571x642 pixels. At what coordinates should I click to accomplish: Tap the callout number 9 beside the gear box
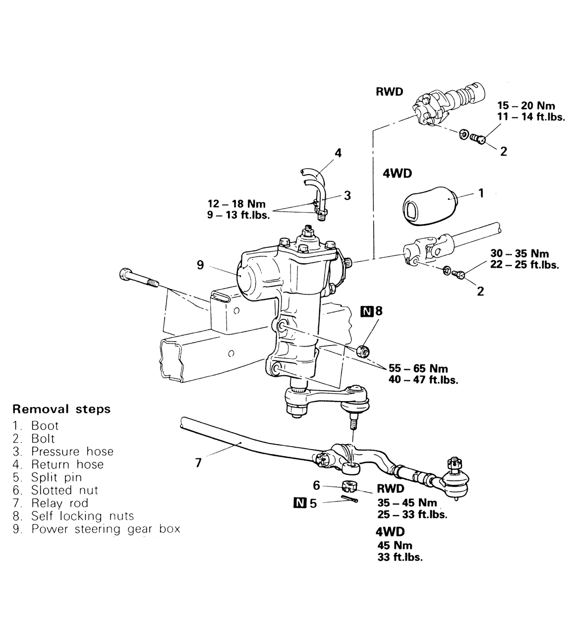200,265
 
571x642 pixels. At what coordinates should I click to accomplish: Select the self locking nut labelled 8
363,350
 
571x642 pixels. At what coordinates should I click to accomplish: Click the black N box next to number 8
366,311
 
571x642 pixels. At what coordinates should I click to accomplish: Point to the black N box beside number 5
300,503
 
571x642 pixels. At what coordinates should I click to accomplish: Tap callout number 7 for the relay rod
199,463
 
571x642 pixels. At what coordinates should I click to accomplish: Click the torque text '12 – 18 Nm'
237,204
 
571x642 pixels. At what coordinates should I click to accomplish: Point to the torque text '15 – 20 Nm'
526,106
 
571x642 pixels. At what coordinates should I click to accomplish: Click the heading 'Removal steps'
61,409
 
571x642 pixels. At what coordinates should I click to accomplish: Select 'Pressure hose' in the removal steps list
72,452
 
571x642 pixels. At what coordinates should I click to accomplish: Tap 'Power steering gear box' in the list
106,529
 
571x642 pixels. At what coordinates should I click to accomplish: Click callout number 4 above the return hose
338,153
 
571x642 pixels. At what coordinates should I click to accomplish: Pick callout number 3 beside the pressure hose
347,196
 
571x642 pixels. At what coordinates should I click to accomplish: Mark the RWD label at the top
390,92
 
